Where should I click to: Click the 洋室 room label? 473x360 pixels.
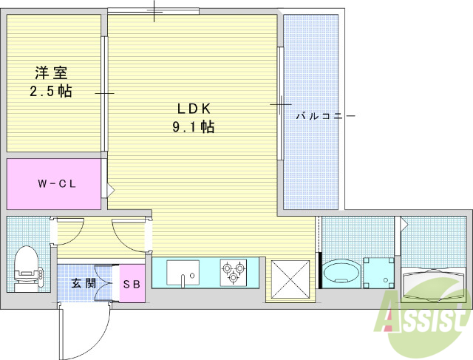pyautogui.click(x=51, y=73)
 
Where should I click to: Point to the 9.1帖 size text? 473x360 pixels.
pyautogui.click(x=194, y=127)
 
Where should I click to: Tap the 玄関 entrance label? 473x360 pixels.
pyautogui.click(x=83, y=283)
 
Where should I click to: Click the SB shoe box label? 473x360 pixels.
pyautogui.click(x=133, y=283)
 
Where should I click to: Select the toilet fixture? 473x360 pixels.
pyautogui.click(x=26, y=267)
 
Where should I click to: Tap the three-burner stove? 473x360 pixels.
pyautogui.click(x=233, y=273)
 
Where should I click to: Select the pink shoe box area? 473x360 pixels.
pyautogui.click(x=133, y=283)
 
